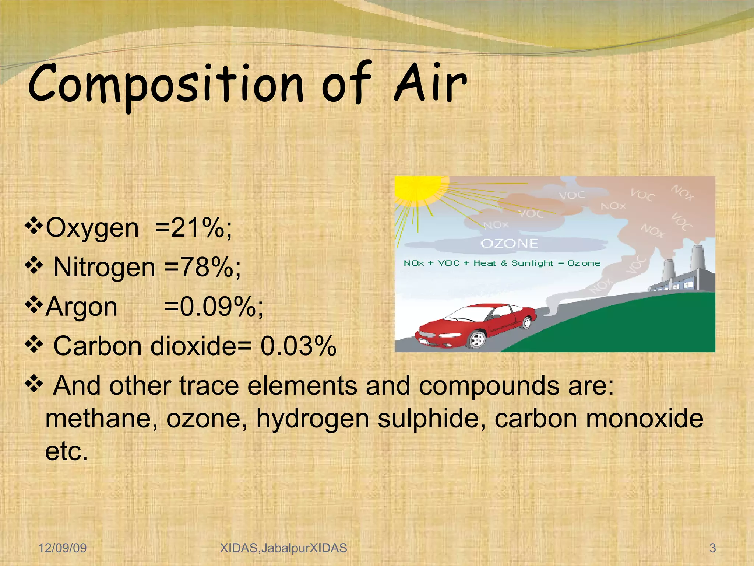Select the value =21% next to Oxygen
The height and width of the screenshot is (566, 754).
(194, 228)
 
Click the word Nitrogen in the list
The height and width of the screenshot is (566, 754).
(104, 268)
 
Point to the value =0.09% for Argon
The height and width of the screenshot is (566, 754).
(214, 307)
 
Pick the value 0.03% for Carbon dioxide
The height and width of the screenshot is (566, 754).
(298, 346)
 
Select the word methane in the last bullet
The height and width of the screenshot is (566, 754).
(101, 419)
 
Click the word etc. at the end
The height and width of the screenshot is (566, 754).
(66, 451)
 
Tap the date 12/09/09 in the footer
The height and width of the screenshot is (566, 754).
(63, 548)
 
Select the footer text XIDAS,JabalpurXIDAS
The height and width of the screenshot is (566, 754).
(283, 548)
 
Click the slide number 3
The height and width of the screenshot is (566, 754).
(712, 548)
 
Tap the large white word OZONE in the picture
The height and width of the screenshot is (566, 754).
(509, 244)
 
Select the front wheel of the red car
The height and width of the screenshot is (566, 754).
(478, 339)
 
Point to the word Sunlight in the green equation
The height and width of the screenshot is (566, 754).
(532, 263)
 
